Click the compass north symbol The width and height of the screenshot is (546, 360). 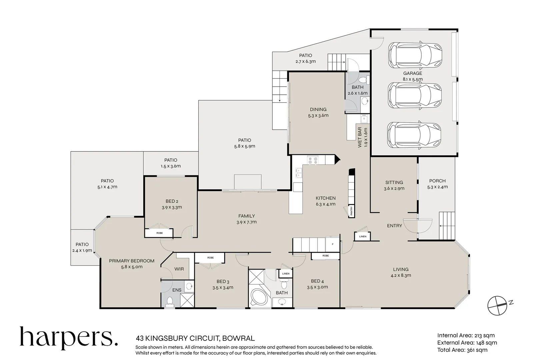coord(498,305)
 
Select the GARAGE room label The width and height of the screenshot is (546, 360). coord(412,73)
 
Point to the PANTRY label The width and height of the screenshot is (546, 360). coord(351,211)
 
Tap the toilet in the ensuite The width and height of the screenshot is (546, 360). coord(170,302)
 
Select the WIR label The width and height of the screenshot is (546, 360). coord(179,269)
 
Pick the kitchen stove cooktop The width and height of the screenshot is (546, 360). coord(313,160)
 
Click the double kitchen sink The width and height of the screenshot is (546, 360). coord(298,173)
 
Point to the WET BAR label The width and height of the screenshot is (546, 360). coord(360,137)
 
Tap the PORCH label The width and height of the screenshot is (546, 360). coord(437,181)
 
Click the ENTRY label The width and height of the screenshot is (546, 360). coord(394,226)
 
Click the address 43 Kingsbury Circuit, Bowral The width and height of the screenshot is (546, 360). coord(195,339)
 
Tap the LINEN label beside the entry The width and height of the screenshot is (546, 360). coord(363,236)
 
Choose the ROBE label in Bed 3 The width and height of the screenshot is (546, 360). coord(210,258)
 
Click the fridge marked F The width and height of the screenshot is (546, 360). coord(332,244)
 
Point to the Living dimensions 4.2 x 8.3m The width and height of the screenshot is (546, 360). coord(401,275)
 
